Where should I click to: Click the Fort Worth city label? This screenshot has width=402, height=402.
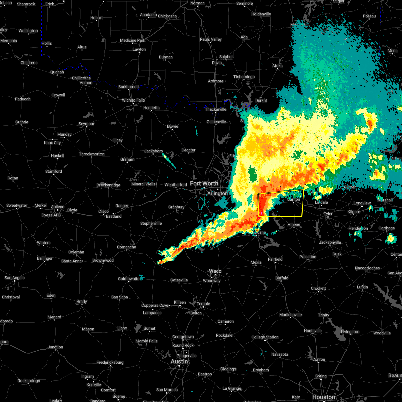[204, 183]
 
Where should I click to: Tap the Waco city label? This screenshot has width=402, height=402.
[215, 271]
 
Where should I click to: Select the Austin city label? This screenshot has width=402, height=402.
[179, 361]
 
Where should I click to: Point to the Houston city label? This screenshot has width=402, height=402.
[323, 397]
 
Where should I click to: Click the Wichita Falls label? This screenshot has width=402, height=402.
[133, 100]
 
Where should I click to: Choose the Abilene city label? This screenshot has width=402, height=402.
[57, 207]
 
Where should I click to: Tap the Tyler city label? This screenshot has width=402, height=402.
[328, 214]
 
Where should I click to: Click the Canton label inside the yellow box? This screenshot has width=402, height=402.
[294, 199]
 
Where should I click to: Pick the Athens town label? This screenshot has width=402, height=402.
[294, 225]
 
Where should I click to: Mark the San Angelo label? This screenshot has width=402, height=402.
[14, 278]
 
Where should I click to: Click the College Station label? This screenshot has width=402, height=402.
[265, 337]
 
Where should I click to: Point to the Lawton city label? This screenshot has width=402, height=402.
[139, 49]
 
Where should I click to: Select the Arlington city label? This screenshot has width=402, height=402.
[217, 193]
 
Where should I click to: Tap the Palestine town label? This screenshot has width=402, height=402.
[308, 257]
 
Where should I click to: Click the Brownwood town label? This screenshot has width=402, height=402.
[103, 260]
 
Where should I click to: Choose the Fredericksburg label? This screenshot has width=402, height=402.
[110, 362]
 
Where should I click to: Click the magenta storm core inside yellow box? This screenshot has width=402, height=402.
[261, 213]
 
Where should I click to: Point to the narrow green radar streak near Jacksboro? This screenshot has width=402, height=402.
[169, 161]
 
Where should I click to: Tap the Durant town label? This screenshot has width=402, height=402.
[261, 100]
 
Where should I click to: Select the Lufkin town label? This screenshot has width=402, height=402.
[362, 287]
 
